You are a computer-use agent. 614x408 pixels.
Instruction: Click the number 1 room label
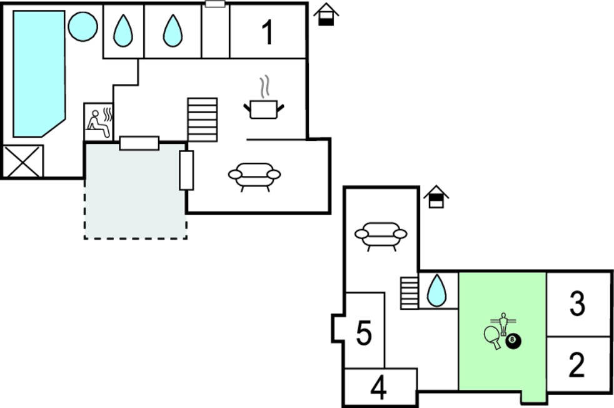point(268,32)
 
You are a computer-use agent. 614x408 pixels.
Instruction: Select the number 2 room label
point(576,365)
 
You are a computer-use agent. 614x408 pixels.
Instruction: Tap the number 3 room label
point(577,303)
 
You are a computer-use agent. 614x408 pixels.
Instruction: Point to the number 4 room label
point(379,388)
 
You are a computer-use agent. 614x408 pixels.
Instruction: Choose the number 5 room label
point(364,333)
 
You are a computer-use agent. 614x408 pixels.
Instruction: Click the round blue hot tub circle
point(83,26)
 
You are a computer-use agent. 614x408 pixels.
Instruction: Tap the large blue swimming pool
point(39,74)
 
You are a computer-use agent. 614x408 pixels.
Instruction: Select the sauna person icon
point(99,122)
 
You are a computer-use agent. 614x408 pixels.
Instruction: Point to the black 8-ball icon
point(513,341)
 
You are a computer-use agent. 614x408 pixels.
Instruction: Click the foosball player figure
point(503,323)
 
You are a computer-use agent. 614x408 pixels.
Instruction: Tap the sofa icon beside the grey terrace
point(254,176)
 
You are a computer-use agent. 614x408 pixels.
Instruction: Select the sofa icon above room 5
point(381,237)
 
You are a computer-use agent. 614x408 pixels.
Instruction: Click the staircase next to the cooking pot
point(203,120)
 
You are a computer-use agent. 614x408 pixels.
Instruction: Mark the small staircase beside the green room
point(410,293)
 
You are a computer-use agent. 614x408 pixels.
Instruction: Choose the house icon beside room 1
point(326,14)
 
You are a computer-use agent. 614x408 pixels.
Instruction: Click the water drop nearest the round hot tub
point(123,31)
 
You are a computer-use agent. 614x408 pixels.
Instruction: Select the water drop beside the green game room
point(437,290)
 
